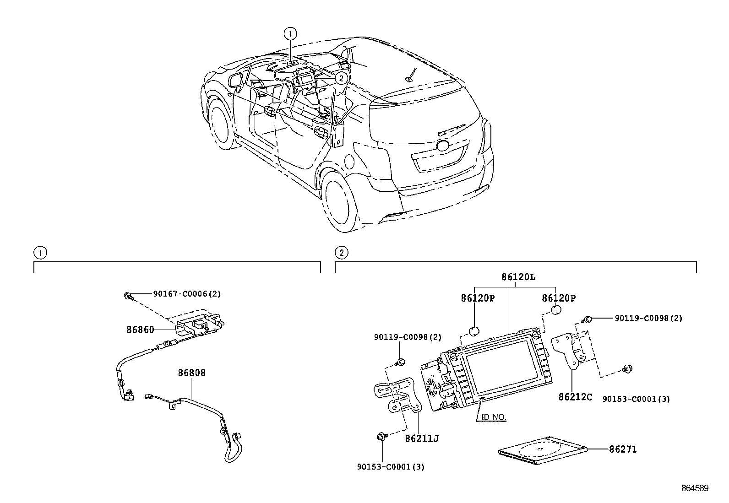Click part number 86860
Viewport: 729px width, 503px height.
coord(140,329)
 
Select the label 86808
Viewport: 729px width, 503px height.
coord(191,373)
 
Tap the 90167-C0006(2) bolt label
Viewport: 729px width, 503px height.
coord(187,294)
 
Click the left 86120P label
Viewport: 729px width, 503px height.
coord(478,298)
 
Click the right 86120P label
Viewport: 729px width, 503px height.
coord(559,298)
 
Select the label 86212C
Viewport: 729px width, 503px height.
coord(575,397)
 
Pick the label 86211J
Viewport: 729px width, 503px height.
coord(422,439)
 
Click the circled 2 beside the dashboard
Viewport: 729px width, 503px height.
coord(340,79)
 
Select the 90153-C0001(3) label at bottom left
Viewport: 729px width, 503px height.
coord(391,467)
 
